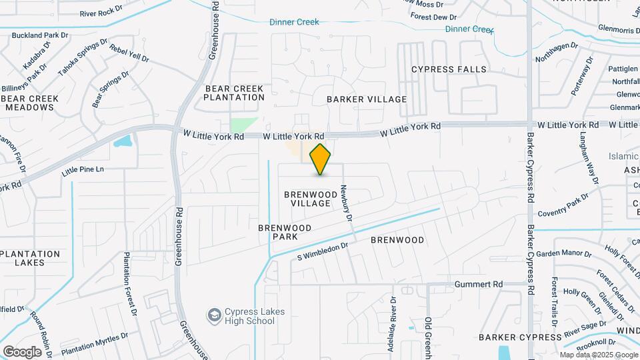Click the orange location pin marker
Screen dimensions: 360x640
321,159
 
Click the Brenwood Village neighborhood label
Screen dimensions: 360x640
307,199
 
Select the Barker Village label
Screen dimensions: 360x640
366,99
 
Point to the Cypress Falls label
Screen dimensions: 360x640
449,69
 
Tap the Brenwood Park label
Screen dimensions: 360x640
285,232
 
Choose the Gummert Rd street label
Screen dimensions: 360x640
478,284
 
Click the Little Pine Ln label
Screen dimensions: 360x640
83,170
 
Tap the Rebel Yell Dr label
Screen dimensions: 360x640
129,53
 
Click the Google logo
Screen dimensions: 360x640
22,351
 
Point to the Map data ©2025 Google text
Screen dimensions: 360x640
599,355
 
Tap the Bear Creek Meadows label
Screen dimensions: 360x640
30,103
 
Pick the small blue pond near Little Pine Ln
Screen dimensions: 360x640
123,141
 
